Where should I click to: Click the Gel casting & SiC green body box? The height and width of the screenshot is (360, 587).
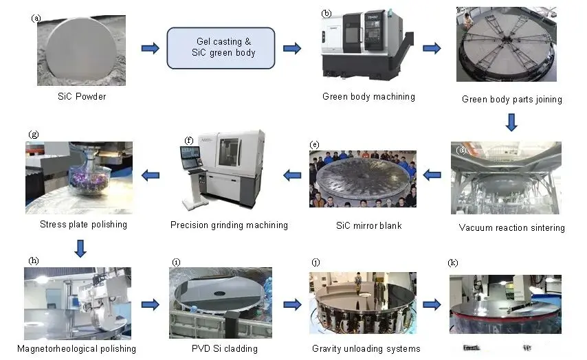[x=221, y=47]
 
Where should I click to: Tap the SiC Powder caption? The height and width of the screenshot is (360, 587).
[x=82, y=97]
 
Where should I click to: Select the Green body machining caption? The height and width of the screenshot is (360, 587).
[x=368, y=97]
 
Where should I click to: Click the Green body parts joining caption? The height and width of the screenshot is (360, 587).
[x=511, y=100]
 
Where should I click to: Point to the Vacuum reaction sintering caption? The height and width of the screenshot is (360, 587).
[x=511, y=227]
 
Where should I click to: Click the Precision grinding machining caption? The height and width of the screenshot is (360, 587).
[x=229, y=225]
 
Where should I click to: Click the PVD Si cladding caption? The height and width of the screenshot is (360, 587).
[x=224, y=349]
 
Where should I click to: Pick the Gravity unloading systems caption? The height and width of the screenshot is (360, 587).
[x=366, y=349]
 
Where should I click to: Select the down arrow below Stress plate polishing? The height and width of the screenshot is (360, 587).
[x=80, y=248]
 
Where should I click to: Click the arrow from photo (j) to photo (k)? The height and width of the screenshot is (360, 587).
[x=432, y=305]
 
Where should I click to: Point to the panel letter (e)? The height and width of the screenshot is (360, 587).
[x=314, y=145]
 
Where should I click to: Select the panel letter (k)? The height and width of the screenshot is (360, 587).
[x=453, y=263]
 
